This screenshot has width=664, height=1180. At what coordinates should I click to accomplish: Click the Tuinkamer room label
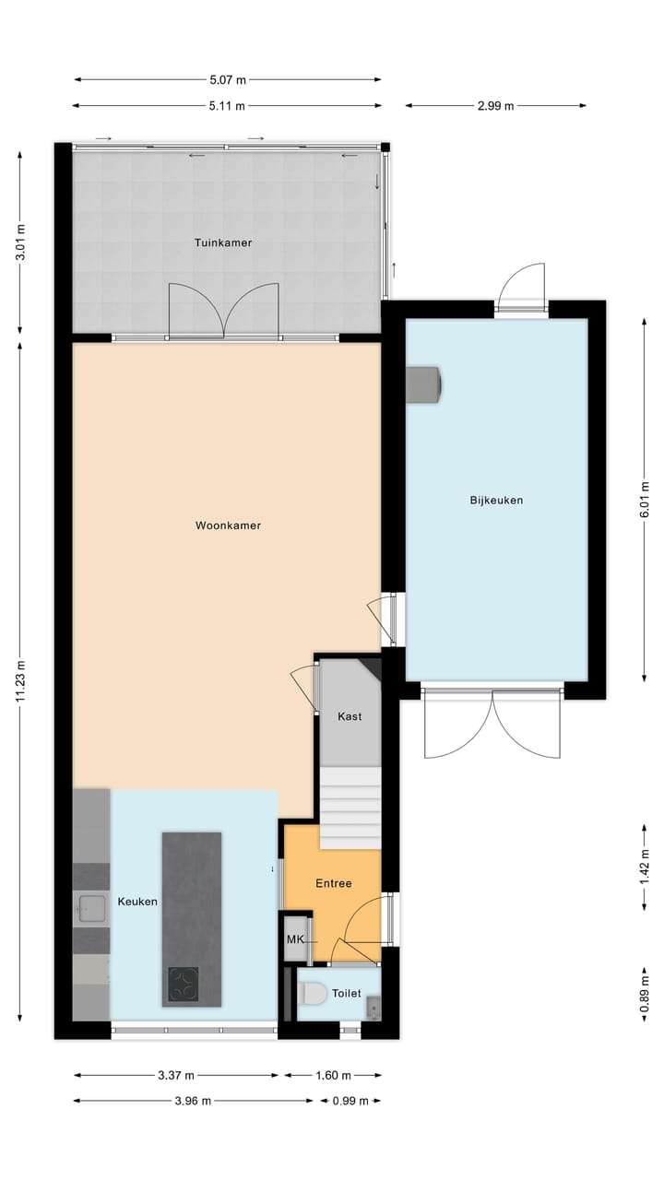pos(223,242)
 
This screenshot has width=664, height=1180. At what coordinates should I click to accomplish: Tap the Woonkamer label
pos(228,525)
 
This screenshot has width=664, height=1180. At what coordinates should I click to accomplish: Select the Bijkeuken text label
pos(496,501)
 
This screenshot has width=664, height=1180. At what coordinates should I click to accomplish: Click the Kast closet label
pos(350,716)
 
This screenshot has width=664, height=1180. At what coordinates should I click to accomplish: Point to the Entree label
pos(334,883)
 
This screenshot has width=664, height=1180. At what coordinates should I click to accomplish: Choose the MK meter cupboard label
pos(295,939)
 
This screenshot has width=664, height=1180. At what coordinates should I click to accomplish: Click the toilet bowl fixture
pos(311,994)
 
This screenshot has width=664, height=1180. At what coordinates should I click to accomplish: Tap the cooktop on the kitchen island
pos(183,984)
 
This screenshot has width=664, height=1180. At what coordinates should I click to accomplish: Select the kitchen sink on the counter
pos(90,909)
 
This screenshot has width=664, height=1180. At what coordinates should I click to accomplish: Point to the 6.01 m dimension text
pos(644,500)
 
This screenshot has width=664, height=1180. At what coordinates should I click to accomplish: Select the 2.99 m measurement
pos(495,105)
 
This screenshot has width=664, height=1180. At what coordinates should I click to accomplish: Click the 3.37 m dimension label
pos(175,1075)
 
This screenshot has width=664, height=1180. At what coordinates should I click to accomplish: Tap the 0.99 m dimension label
pos(350,1101)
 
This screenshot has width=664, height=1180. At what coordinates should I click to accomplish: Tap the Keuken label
pos(137,902)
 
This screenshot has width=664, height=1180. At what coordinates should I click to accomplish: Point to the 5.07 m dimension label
pos(227,80)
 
